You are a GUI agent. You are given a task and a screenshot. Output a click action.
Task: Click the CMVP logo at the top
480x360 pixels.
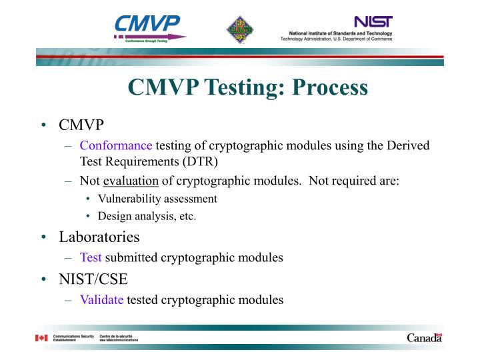149,28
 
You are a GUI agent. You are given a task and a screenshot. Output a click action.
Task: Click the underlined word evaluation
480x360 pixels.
130,181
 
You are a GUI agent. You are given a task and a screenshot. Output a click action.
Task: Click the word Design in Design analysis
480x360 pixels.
113,216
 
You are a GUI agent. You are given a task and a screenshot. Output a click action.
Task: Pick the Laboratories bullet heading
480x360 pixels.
99,237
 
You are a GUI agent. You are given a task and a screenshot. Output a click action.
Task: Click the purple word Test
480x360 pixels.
91,257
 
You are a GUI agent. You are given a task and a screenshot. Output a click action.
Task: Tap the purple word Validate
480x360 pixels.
101,299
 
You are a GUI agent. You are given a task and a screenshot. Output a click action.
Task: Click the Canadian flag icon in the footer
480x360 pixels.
41,339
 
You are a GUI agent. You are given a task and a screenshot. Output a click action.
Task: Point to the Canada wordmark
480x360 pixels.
424,338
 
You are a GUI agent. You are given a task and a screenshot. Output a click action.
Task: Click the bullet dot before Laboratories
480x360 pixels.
43,237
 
